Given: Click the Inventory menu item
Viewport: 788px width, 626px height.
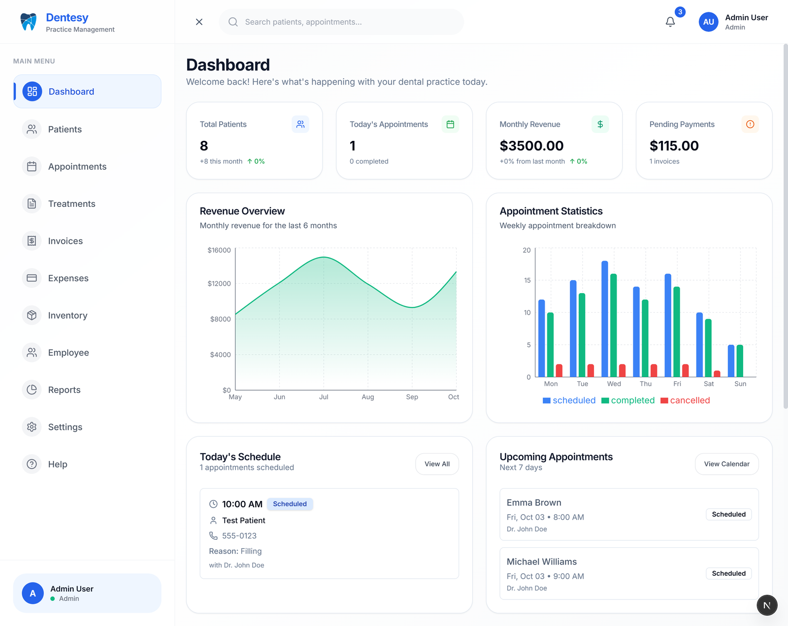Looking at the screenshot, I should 67,315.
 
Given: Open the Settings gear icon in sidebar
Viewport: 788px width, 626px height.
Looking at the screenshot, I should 32,427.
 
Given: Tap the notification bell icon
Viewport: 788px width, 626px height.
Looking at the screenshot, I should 670,22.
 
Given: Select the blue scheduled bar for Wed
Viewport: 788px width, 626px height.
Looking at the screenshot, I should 605,319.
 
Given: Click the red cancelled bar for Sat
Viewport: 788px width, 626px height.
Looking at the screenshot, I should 717,374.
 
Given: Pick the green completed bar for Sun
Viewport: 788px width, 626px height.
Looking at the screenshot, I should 740,361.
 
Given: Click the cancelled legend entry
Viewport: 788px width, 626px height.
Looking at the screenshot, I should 686,400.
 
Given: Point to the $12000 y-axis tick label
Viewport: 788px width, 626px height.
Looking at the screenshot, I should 219,284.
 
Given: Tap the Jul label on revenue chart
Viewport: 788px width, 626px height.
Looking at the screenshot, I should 324,397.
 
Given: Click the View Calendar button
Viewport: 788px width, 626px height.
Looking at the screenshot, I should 726,464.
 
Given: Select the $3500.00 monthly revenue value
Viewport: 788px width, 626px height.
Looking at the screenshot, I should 531,146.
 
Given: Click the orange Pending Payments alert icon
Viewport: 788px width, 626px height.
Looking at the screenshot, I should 750,124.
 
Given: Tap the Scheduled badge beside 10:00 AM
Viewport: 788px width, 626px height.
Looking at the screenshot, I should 290,504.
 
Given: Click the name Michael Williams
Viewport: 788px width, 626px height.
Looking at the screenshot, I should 541,561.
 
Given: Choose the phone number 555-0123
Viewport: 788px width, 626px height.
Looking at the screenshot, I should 239,536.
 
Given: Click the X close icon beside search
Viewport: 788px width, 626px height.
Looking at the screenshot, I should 199,22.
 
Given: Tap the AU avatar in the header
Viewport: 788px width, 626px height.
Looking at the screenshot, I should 708,22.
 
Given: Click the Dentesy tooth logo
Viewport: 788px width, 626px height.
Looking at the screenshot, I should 29,22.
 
